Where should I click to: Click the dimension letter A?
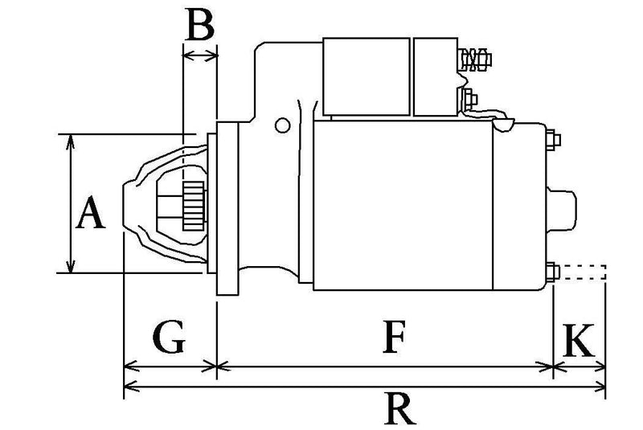click(91, 215)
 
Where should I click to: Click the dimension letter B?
click(199, 26)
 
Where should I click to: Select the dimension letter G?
click(169, 338)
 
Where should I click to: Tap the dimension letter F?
click(391, 338)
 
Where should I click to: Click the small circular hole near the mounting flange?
click(281, 125)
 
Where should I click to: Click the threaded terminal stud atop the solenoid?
click(474, 58)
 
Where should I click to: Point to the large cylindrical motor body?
click(402, 205)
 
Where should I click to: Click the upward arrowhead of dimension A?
click(72, 140)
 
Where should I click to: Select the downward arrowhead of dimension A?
click(72, 267)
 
